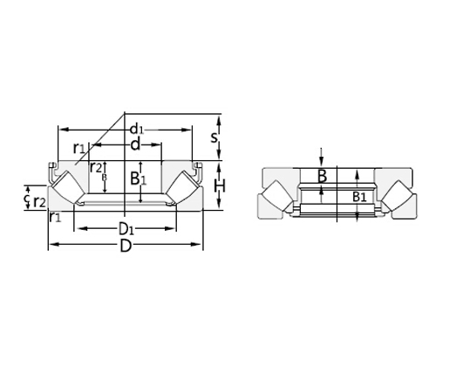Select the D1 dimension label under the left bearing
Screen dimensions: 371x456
126,230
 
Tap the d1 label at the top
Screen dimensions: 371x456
136,130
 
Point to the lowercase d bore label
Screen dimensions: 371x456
135,145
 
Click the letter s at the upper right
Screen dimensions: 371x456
215,137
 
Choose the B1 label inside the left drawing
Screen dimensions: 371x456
138,179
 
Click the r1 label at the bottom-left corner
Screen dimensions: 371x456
55,217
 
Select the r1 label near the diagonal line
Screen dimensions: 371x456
79,147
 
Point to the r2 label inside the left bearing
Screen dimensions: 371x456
96,166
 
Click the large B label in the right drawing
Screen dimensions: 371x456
322,177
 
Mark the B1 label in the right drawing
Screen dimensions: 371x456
359,197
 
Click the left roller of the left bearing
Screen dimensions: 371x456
66,188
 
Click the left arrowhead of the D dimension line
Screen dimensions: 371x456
51,245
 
